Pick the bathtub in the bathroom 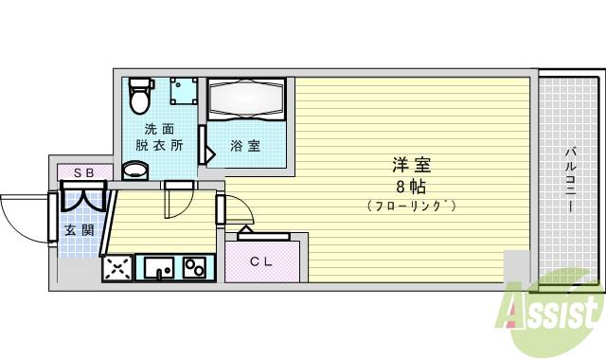point(246,99)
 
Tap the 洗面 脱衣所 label point(158,137)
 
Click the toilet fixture point(140,94)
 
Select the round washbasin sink point(136,171)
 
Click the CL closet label point(260,262)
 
